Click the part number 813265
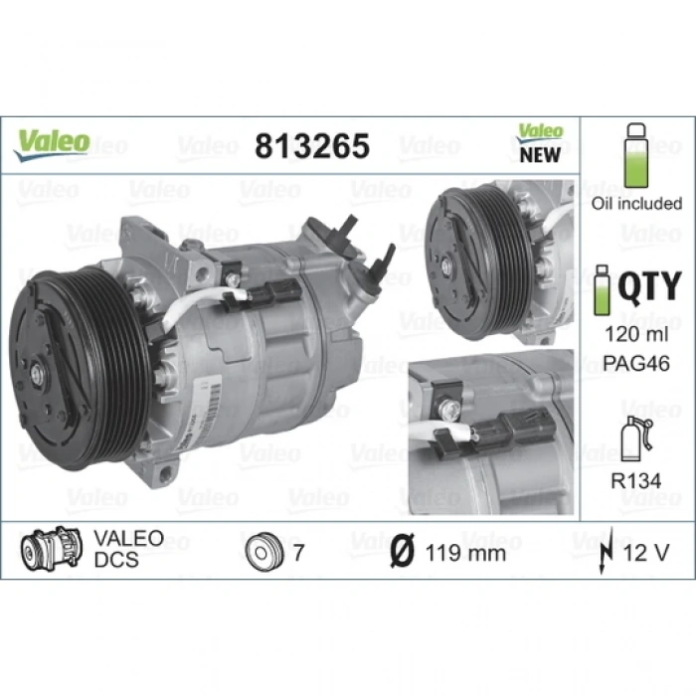[x=311, y=146]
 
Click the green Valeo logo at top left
[x=51, y=141]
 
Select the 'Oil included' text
[x=637, y=203]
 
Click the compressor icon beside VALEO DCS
[x=51, y=549]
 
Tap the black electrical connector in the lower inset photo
[x=502, y=435]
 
